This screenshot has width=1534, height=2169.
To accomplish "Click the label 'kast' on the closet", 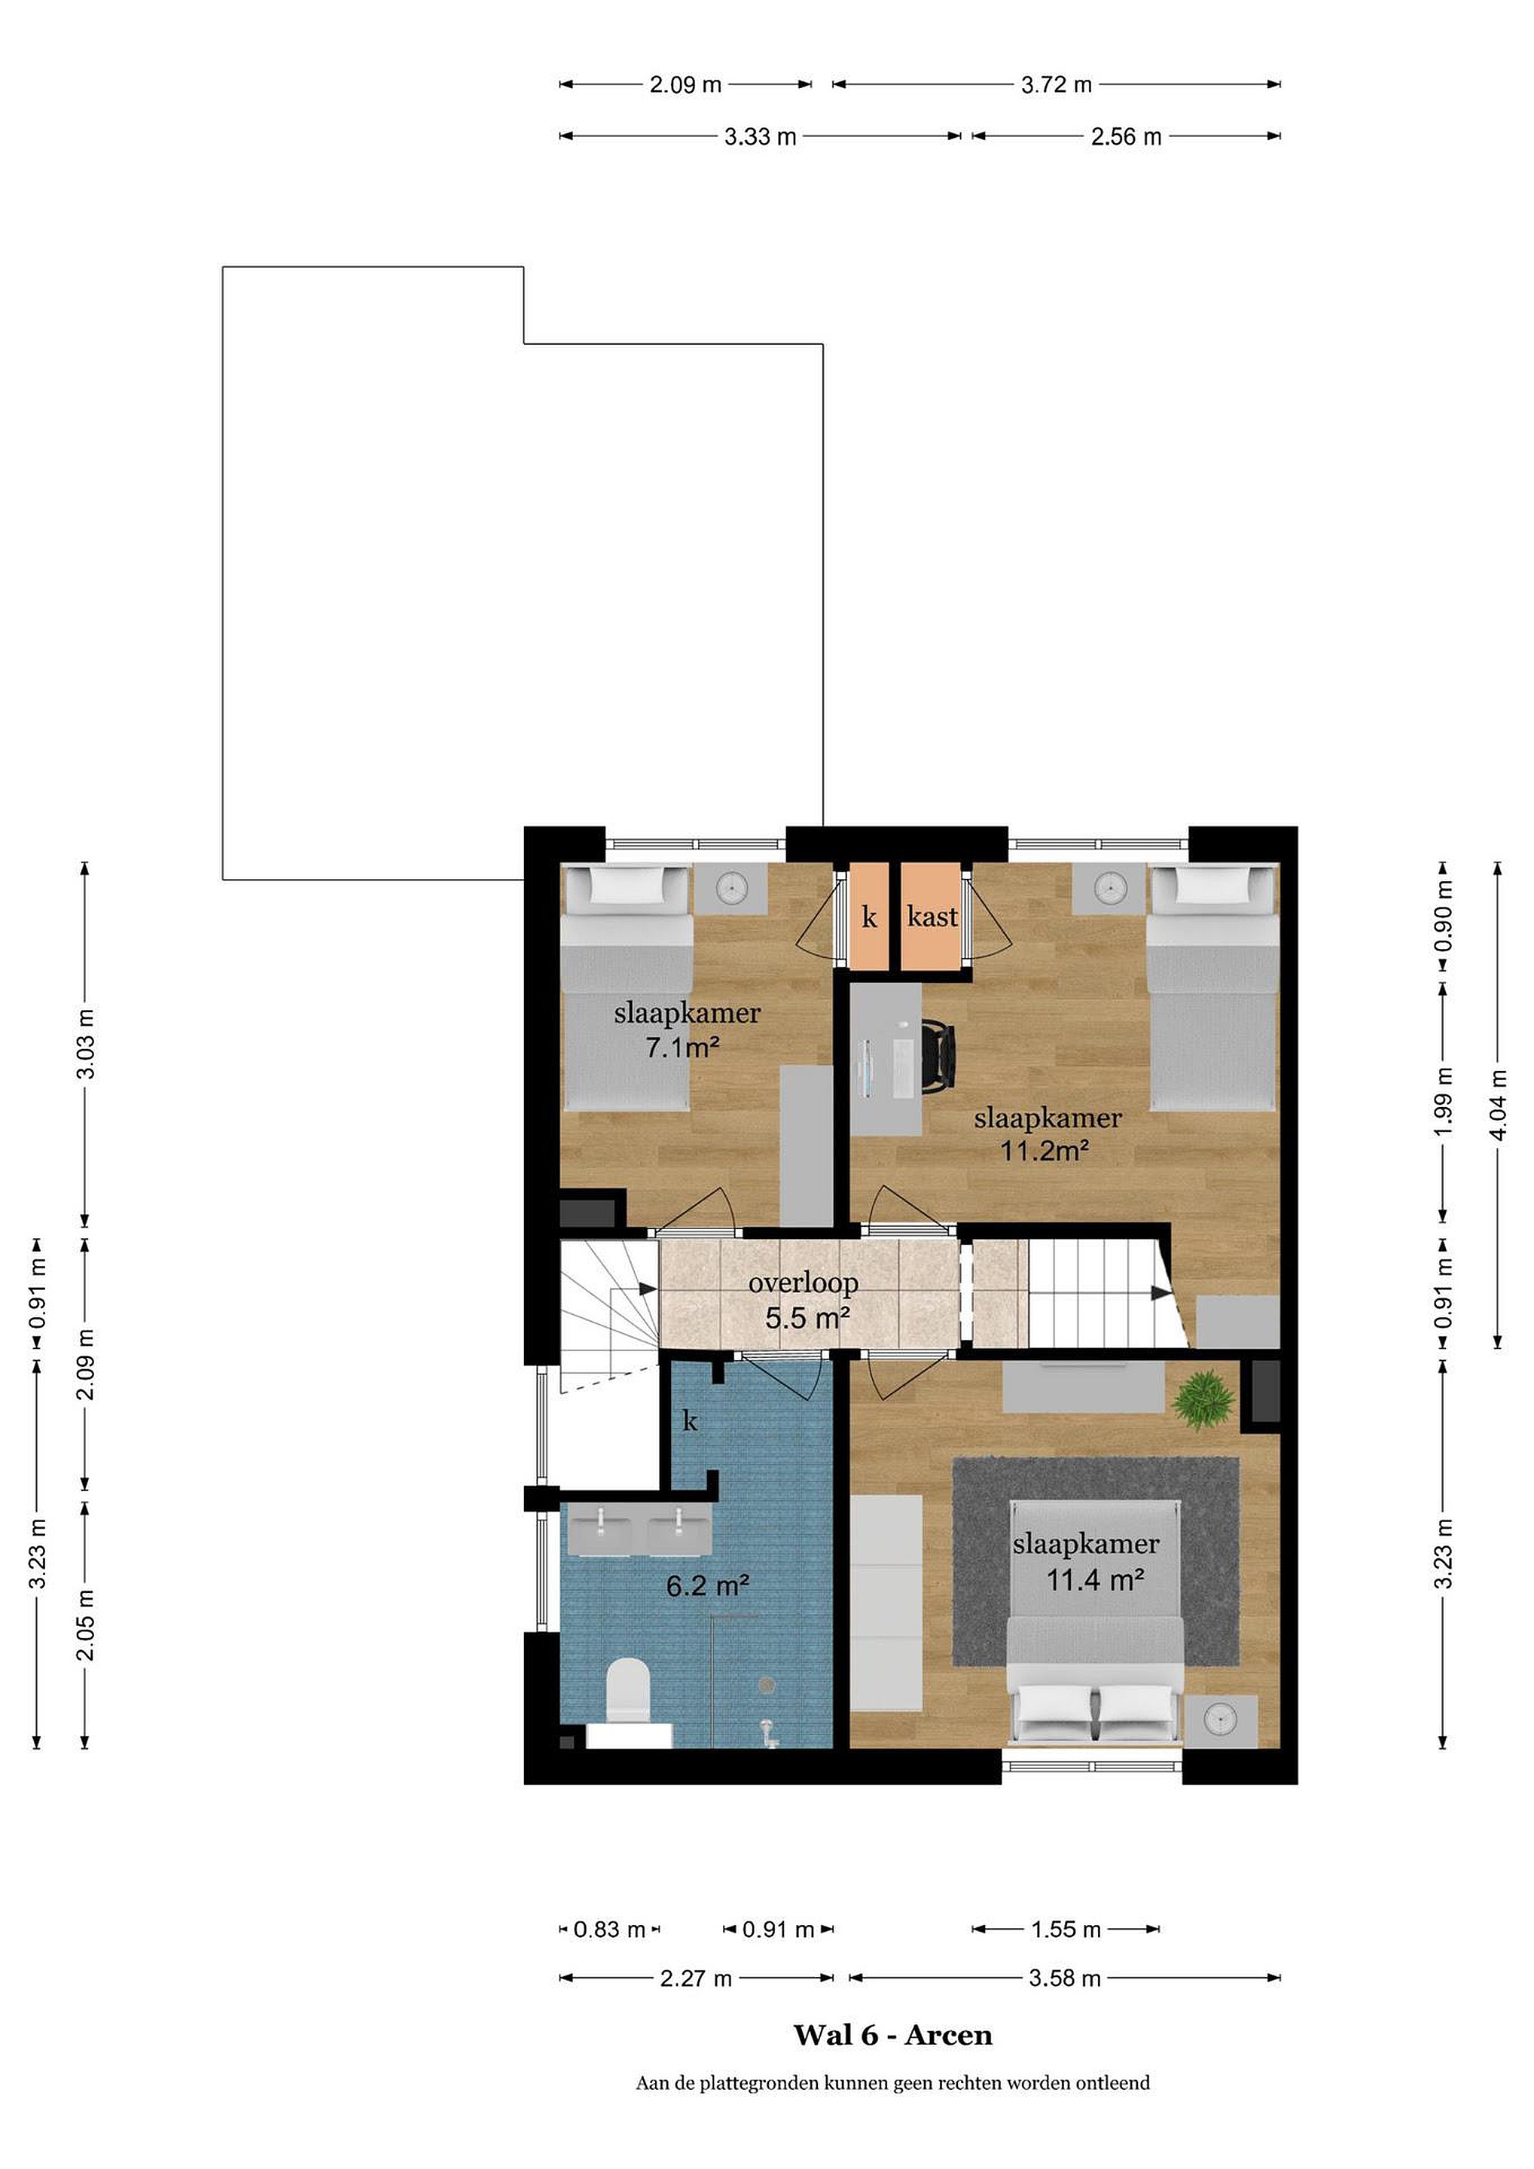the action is click(x=932, y=917).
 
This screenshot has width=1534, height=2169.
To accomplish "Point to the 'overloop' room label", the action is click(x=803, y=1283).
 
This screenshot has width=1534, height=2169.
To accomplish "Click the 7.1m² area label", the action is click(x=683, y=1048).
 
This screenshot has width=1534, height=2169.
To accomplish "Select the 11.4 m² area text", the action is click(x=1096, y=1579).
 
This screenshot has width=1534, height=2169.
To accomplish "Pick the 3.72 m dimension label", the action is click(x=1056, y=85).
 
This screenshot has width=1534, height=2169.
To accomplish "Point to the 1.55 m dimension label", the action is click(x=1066, y=1929).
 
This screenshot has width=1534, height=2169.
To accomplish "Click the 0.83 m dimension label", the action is click(x=609, y=1929).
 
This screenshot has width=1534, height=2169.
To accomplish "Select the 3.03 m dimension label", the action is click(x=86, y=1043).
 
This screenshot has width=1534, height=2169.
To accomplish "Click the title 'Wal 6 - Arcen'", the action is click(x=892, y=2035).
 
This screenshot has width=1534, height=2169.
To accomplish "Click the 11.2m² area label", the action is click(x=1046, y=1151).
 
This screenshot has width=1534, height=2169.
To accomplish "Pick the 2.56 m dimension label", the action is click(x=1126, y=137).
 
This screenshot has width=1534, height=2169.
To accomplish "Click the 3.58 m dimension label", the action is click(x=1065, y=1978).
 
